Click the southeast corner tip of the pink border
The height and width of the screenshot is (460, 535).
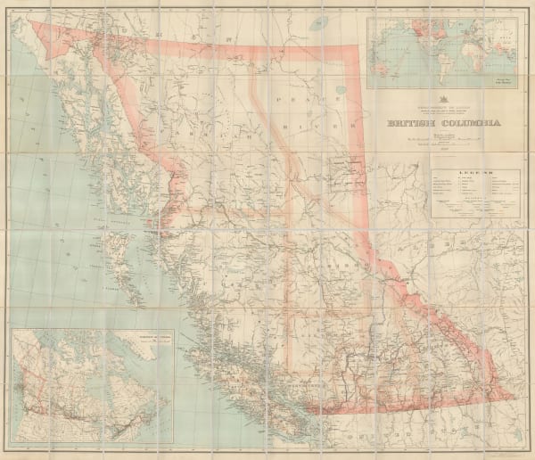click(x=516, y=398)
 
